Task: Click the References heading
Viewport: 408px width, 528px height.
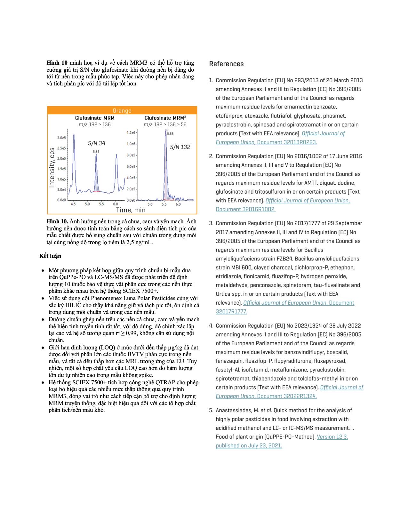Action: (x=226, y=64)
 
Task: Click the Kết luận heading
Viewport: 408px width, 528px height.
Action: (x=50, y=256)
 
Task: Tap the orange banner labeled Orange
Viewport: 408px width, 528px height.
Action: (x=122, y=111)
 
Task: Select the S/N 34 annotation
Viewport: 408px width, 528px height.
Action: (x=97, y=143)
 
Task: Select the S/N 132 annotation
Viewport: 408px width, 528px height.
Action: (x=180, y=147)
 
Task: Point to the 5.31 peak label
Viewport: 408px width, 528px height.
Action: (x=96, y=151)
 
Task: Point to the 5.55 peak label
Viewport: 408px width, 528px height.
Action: (x=170, y=133)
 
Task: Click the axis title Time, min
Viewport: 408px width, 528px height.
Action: (x=131, y=210)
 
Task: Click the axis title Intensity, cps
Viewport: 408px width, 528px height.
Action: (x=52, y=167)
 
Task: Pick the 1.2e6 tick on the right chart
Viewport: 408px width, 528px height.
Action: (x=131, y=132)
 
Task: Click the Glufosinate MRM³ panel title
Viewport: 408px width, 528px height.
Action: (x=165, y=118)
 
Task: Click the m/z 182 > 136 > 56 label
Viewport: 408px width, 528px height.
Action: (x=165, y=124)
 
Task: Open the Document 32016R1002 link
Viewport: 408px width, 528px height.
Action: (x=245, y=209)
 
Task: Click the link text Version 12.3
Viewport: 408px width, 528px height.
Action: (x=332, y=437)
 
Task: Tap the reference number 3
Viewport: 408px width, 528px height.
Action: (x=211, y=223)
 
